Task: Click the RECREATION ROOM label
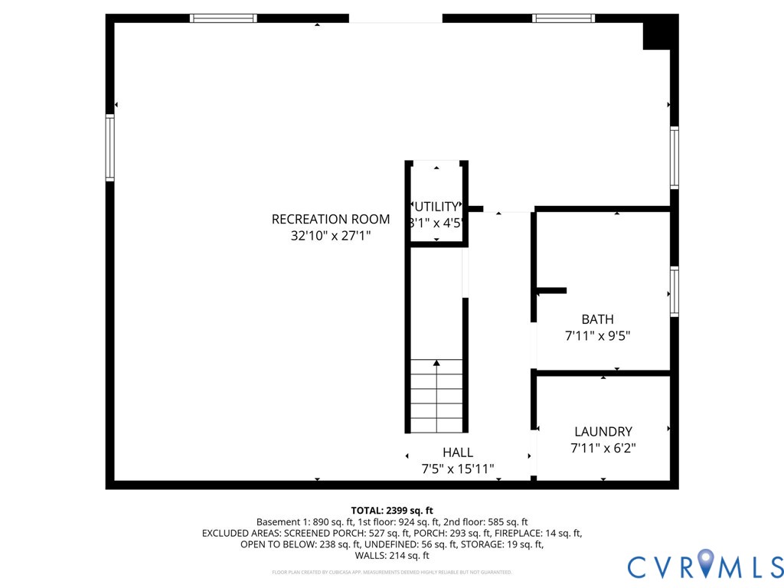tap(331, 220)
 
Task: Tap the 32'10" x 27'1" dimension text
tap(331, 237)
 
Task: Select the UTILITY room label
tap(436, 207)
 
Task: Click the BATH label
tap(597, 319)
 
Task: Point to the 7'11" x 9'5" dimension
tap(597, 335)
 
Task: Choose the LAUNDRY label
tap(603, 432)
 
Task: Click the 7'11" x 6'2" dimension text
tap(603, 449)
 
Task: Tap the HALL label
tap(458, 452)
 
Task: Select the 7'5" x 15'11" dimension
tap(458, 469)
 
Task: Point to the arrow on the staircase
tap(436, 364)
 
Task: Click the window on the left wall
tap(110, 147)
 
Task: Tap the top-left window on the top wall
tap(224, 18)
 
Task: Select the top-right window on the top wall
tap(563, 18)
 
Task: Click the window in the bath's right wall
tap(675, 291)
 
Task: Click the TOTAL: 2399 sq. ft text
tap(392, 510)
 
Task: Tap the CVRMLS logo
tap(705, 566)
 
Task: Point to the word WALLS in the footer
tap(372, 555)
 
